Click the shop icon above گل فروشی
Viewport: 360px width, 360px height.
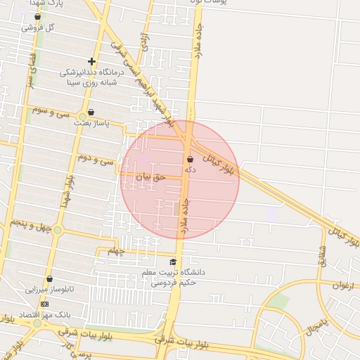[x=38, y=16]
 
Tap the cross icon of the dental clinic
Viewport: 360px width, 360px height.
[x=91, y=61]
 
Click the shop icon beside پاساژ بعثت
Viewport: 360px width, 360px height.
[x=91, y=112]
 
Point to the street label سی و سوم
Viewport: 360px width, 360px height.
[x=49, y=110]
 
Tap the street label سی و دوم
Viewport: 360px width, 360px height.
[x=94, y=158]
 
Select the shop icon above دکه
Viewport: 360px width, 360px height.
[x=190, y=159]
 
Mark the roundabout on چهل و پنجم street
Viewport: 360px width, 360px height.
[x=58, y=230]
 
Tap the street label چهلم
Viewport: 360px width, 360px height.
[x=116, y=250]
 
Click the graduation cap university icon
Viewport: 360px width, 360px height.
[x=173, y=262]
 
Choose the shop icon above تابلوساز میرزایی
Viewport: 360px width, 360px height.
[x=49, y=279]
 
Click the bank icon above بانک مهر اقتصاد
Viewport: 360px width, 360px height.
[x=45, y=304]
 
